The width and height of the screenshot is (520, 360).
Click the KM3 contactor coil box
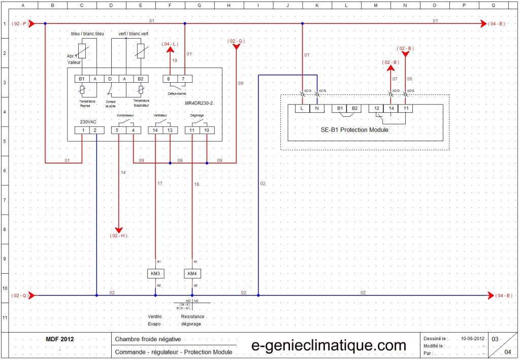click(x=155, y=274)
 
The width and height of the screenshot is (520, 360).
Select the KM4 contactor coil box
click(x=192, y=274)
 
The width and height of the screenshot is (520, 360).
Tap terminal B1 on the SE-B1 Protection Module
click(x=339, y=108)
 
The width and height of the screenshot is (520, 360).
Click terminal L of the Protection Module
click(x=302, y=108)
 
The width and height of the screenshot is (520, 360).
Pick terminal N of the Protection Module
click(x=317, y=108)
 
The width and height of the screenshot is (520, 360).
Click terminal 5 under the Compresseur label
click(x=118, y=130)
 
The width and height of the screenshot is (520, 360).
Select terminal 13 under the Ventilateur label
click(x=170, y=130)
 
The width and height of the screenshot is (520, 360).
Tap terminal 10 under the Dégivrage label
click(x=207, y=130)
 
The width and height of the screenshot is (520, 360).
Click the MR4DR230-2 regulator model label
click(x=200, y=102)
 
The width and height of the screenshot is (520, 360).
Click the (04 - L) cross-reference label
click(x=170, y=45)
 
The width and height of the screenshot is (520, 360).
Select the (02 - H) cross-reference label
click(x=118, y=236)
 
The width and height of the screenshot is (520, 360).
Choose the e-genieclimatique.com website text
click(x=329, y=345)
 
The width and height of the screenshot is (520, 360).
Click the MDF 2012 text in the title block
click(x=60, y=339)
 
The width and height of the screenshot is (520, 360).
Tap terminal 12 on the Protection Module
click(x=376, y=108)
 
